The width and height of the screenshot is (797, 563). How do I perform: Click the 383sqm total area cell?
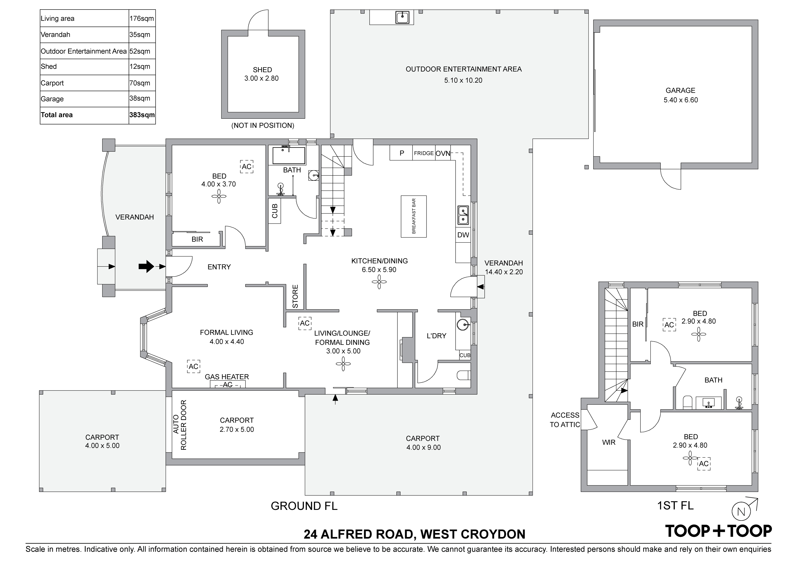pyautogui.click(x=142, y=115)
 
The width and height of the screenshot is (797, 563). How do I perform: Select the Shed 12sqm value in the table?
pyautogui.click(x=140, y=66)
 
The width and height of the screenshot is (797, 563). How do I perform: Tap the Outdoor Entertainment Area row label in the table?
pyautogui.click(x=84, y=51)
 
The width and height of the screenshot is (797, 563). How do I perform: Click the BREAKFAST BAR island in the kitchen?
pyautogui.click(x=413, y=216)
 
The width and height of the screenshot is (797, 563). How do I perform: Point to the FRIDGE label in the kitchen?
pyautogui.click(x=423, y=153)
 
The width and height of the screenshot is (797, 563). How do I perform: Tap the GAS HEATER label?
pyautogui.click(x=227, y=377)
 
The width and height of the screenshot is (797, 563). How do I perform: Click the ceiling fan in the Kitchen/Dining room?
pyautogui.click(x=379, y=282)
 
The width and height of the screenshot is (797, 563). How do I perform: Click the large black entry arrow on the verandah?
pyautogui.click(x=146, y=267)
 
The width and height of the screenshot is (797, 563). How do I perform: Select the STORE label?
pyautogui.click(x=295, y=296)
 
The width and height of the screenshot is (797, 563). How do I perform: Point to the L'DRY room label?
pyautogui.click(x=436, y=336)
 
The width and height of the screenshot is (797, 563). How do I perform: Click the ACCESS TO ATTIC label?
pyautogui.click(x=565, y=420)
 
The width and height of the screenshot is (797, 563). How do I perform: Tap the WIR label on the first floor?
pyautogui.click(x=609, y=442)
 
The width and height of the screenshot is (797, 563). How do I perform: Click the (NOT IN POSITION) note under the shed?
pyautogui.click(x=263, y=126)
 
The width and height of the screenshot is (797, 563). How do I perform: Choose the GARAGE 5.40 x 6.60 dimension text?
pyautogui.click(x=680, y=100)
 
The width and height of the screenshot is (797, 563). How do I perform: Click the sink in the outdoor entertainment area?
pyautogui.click(x=402, y=17)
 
